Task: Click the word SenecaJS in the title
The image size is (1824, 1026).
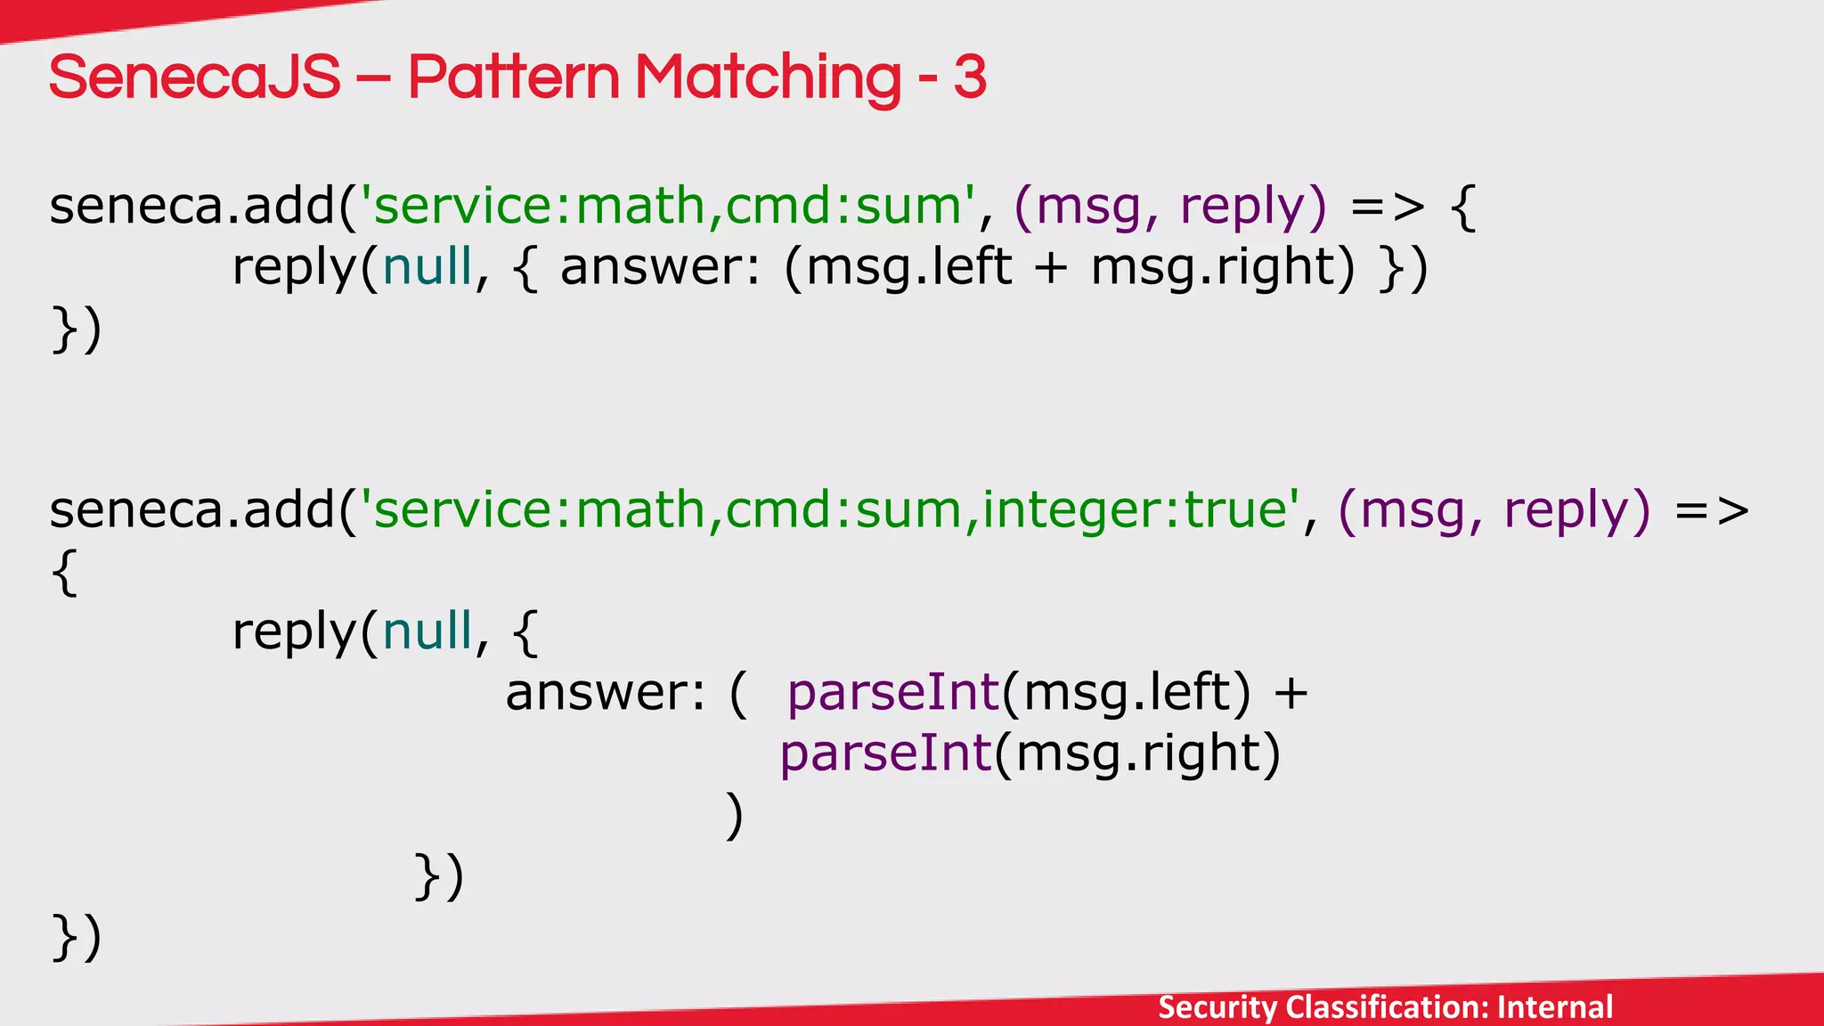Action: click(194, 77)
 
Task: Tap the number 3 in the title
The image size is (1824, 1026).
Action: click(969, 77)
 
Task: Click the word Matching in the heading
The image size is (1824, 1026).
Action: click(768, 77)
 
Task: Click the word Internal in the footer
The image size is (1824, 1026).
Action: click(1554, 1007)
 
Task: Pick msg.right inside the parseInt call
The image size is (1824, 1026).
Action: click(1137, 753)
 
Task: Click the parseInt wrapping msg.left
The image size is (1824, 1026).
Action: click(893, 693)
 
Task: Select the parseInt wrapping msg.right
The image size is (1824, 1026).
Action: click(886, 753)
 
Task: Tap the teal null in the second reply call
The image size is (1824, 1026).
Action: click(427, 631)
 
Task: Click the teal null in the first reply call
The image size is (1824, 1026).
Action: click(427, 267)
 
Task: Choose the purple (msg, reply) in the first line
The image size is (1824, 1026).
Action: click(1170, 207)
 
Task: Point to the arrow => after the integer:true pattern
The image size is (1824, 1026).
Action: click(1712, 510)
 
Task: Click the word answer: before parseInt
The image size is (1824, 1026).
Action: click(607, 693)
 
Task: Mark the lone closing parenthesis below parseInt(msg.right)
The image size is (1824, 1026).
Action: click(735, 815)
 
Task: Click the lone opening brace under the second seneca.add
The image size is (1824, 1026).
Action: click(65, 571)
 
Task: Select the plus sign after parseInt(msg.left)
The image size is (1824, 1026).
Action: click(1291, 693)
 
